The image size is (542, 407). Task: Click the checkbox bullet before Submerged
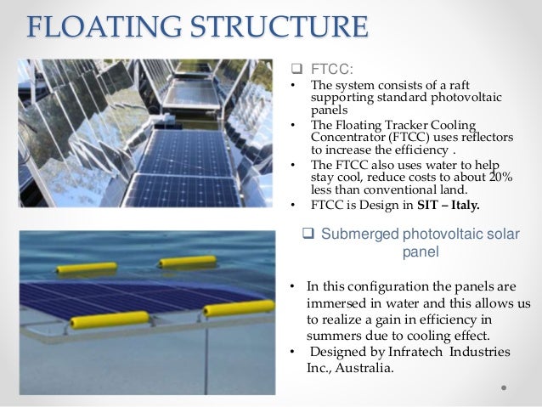(310, 235)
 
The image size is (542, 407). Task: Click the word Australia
(368, 368)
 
